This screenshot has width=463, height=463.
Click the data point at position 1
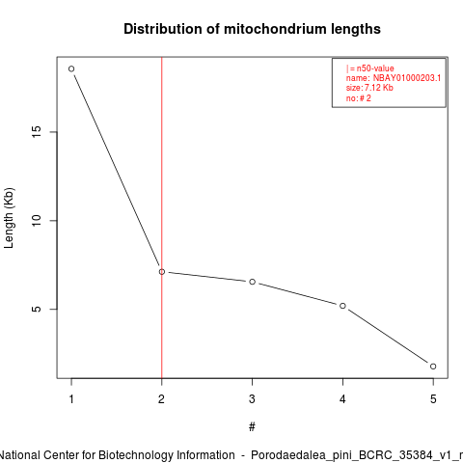click(x=71, y=68)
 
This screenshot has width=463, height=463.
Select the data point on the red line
click(x=162, y=272)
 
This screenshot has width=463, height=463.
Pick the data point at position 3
click(x=253, y=282)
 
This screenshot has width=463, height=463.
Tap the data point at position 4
click(x=342, y=306)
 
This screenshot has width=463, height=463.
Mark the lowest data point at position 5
click(x=433, y=367)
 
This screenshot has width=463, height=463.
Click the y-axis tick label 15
click(x=37, y=132)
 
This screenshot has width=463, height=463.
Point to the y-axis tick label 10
click(x=37, y=220)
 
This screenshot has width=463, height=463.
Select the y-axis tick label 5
click(x=37, y=309)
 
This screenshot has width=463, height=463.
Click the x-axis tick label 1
click(x=71, y=399)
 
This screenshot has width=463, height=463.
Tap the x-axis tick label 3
click(x=252, y=399)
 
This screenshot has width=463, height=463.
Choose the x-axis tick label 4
click(x=342, y=399)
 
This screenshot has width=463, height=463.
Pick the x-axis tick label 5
click(x=433, y=399)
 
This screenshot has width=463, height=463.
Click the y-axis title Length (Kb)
click(x=9, y=218)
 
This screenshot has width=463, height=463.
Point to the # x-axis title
click(x=252, y=427)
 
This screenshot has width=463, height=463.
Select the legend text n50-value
click(x=375, y=68)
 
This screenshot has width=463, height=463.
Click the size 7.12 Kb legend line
click(x=369, y=88)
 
